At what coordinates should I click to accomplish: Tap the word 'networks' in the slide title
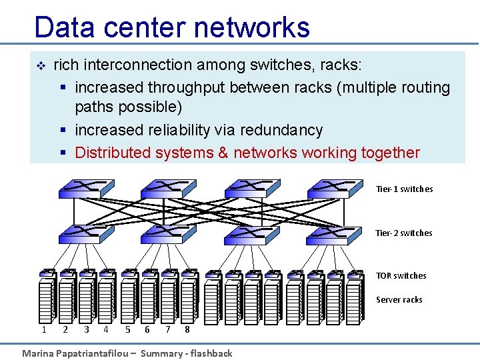[252, 27]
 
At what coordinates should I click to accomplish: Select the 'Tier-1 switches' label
[404, 189]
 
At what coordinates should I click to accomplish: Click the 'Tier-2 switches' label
[403, 233]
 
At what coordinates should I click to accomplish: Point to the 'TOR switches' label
[401, 276]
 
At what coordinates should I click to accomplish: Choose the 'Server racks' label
[399, 300]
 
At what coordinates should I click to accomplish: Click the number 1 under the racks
[44, 329]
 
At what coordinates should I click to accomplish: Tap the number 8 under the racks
[187, 329]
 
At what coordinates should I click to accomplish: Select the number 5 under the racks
[127, 329]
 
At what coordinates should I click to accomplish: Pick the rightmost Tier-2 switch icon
[328, 232]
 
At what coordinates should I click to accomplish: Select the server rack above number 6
[149, 300]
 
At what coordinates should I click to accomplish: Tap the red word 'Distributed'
[113, 153]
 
